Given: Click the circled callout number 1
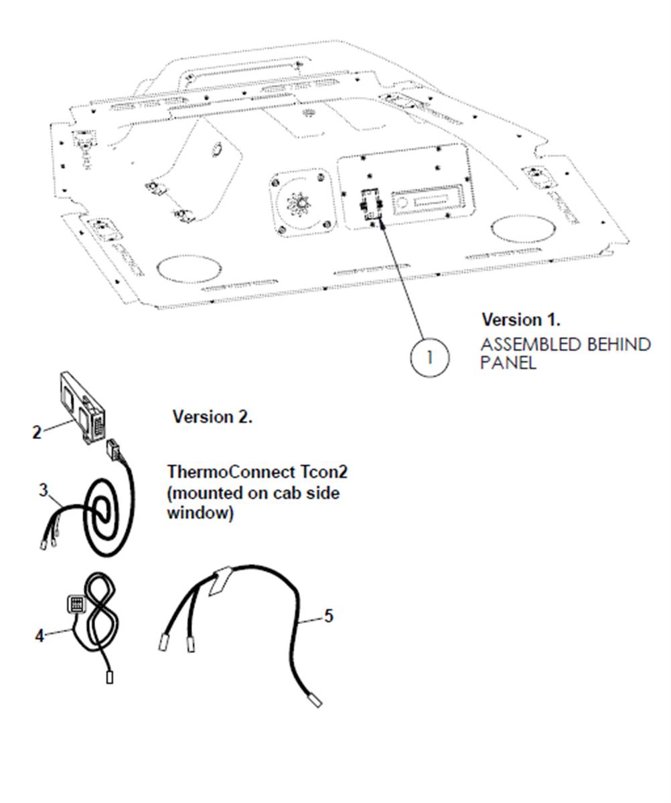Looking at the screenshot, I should coord(429,357).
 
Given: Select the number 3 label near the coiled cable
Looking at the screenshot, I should coord(44,491).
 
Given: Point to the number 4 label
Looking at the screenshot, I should coord(40,634).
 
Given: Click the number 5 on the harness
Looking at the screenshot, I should coord(328,616).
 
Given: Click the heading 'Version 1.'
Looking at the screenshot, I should coord(521,320).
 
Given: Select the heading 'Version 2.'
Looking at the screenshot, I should coord(212,417).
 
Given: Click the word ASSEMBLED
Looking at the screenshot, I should coord(530,345).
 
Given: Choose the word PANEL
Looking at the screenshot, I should coord(508,363).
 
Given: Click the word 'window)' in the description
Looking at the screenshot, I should coord(200,514).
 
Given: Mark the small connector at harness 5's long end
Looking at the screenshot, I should coord(314,700).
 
